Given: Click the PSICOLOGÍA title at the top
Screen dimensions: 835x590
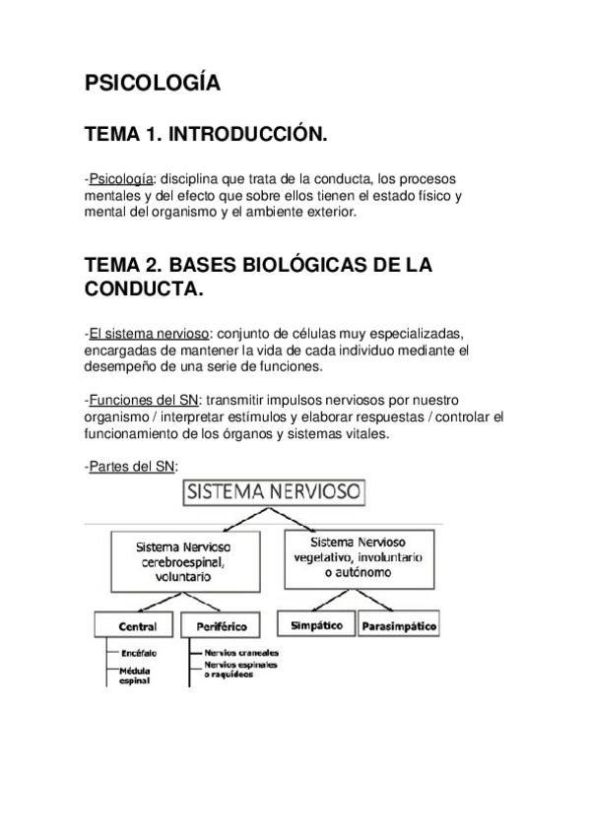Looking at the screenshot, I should pos(152,85).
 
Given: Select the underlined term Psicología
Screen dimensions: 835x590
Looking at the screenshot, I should pos(120,178).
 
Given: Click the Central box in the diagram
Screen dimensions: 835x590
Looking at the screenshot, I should pos(137,625).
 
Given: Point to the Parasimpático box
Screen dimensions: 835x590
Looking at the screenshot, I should pos(397,625).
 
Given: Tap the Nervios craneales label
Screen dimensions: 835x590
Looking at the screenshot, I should pos(241,652).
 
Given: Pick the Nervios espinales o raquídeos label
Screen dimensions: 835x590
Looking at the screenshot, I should pos(241,670).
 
